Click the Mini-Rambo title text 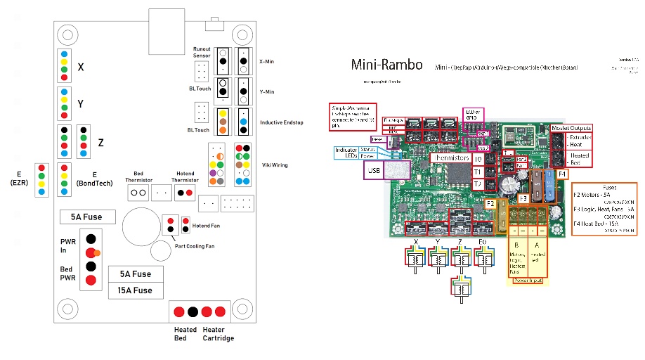[387, 65]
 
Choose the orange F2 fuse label [492, 204]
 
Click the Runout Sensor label [202, 52]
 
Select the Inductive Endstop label [280, 122]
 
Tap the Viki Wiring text [274, 165]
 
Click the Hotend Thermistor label [185, 176]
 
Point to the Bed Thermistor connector [138, 191]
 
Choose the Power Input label [529, 278]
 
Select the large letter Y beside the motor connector [81, 104]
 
